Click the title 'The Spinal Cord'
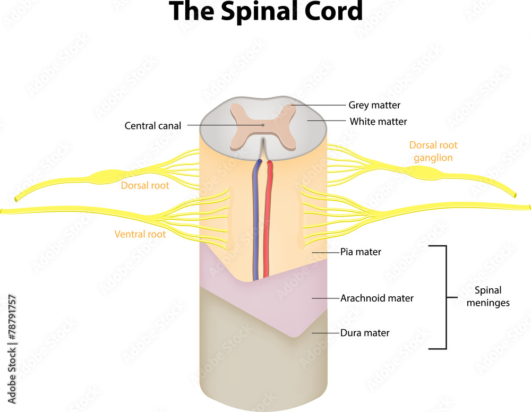pyautogui.click(x=265, y=12)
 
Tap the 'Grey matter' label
pyautogui.click(x=374, y=105)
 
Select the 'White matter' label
pyautogui.click(x=378, y=122)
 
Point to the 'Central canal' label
pyautogui.click(x=153, y=126)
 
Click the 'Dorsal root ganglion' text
pyautogui.click(x=433, y=151)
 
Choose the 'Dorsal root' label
pyautogui.click(x=145, y=186)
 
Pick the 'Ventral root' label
pyautogui.click(x=140, y=234)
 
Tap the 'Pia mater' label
pyautogui.click(x=361, y=252)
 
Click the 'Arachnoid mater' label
pyautogui.click(x=376, y=298)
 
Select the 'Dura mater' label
pyautogui.click(x=365, y=333)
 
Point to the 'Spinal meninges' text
pyautogui.click(x=488, y=297)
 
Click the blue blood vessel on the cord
pyautogui.click(x=256, y=223)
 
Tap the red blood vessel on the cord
pyautogui.click(x=267, y=223)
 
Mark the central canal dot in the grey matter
pyautogui.click(x=262, y=125)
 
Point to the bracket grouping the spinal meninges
pyautogui.click(x=445, y=297)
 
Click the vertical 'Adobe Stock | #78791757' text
pyautogui.click(x=12, y=351)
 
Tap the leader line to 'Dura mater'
pyautogui.click(x=326, y=333)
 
